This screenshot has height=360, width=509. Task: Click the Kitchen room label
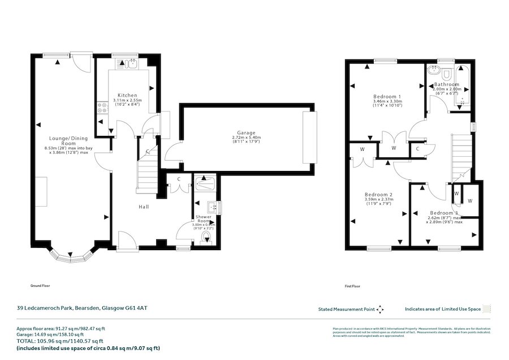click(127, 95)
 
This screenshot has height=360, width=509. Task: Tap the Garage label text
click(247, 132)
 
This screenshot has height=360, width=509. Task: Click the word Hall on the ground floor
click(144, 207)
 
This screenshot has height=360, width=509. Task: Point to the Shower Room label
click(203, 219)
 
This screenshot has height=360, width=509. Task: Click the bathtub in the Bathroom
click(465, 85)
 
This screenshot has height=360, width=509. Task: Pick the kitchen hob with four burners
click(103, 107)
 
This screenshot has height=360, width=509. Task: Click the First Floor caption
click(352, 286)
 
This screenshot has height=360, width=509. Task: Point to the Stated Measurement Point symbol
click(380, 309)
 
